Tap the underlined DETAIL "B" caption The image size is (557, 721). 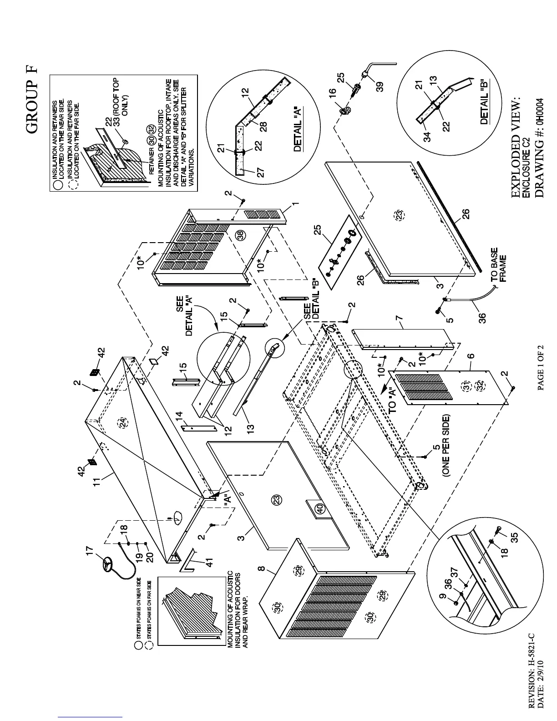[485, 101]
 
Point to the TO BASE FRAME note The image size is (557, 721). [498, 265]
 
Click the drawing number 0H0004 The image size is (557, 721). [540, 111]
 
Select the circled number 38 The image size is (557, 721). [241, 235]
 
